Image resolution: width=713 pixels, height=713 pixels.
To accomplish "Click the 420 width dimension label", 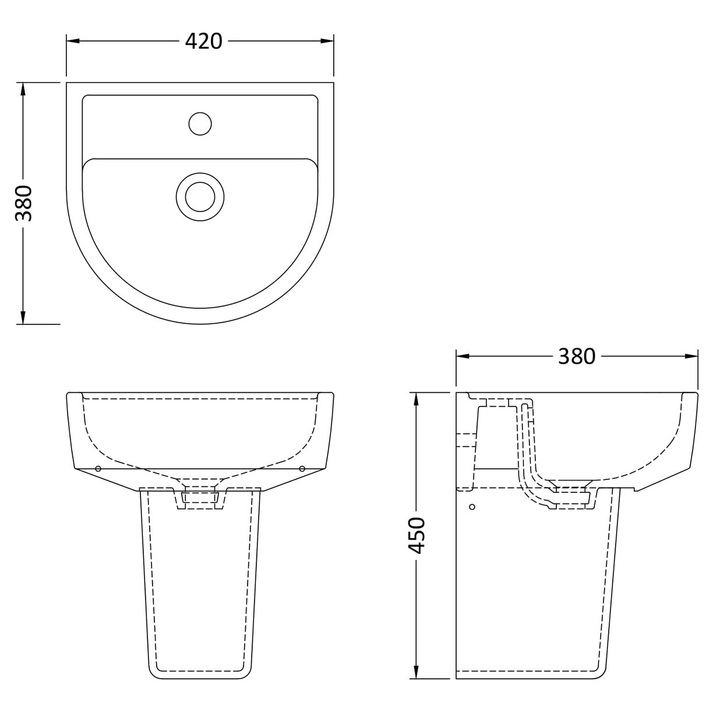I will [x=204, y=41].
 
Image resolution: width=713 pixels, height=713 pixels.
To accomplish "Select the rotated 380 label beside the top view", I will [x=23, y=203].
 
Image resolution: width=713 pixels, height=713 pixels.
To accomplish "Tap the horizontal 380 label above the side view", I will [x=576, y=356].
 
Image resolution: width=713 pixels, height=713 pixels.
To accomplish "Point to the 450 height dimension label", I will [x=417, y=535].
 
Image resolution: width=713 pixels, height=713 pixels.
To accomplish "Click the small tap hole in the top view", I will [x=200, y=123].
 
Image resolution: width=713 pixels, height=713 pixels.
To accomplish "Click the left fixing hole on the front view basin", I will [x=98, y=468].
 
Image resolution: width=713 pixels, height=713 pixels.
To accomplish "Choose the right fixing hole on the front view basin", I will [x=302, y=468].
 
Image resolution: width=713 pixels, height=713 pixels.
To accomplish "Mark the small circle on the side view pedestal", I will [x=472, y=507].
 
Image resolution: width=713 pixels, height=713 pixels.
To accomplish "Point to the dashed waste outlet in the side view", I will [x=574, y=495].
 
